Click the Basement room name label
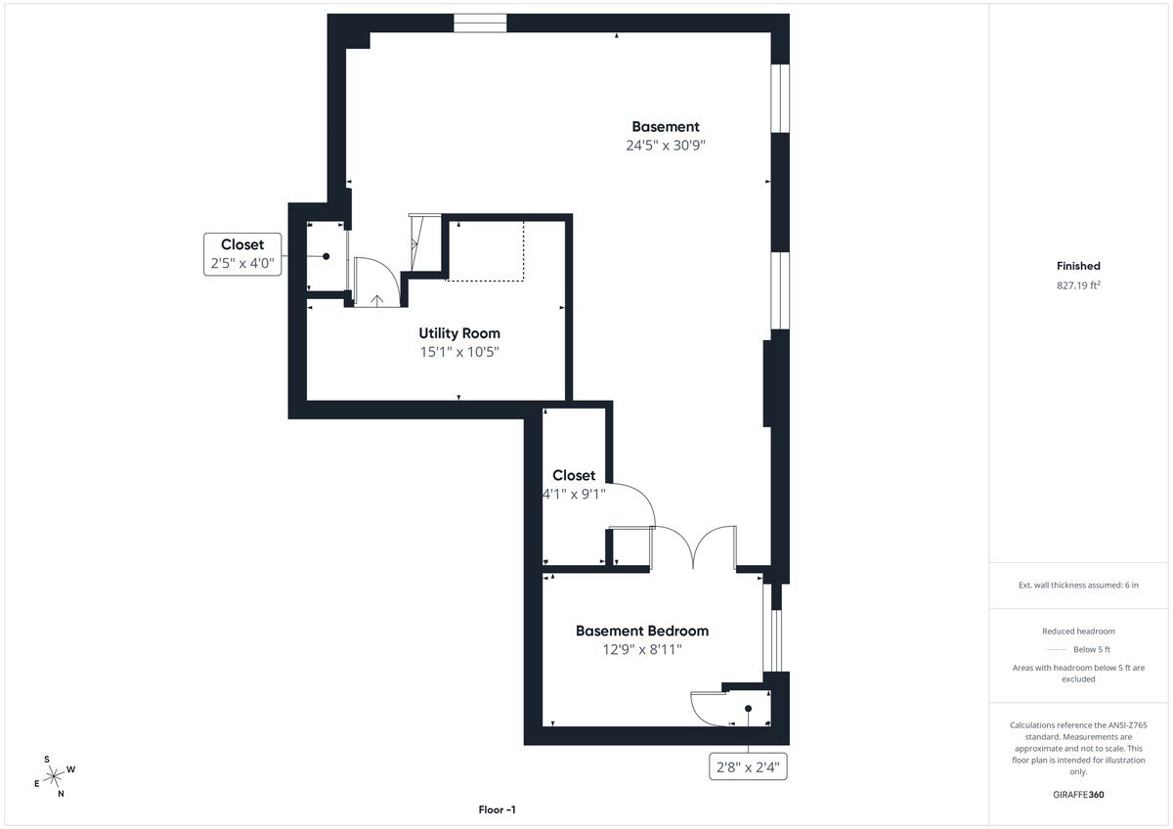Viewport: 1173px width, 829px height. [666, 127]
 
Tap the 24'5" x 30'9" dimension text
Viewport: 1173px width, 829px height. [666, 145]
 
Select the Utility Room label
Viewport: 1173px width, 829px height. [459, 333]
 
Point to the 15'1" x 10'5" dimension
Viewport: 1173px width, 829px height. [459, 352]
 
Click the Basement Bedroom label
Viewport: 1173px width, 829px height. [642, 631]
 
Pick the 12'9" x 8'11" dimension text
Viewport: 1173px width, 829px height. [642, 649]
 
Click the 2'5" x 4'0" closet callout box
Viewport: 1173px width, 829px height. [242, 254]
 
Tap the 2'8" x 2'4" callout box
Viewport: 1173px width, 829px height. [748, 766]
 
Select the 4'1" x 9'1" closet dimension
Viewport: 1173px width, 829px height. [574, 494]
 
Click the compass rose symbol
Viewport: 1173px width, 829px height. [54, 776]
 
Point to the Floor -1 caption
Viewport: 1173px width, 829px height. [497, 809]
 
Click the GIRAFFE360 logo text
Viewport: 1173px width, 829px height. [1078, 795]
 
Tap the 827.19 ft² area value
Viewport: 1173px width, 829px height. [1078, 284]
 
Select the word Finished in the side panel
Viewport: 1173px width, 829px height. [1078, 266]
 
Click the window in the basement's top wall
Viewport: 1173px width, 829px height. [480, 23]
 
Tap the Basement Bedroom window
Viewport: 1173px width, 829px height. [773, 628]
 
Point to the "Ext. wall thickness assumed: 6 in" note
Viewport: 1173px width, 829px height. [1078, 585]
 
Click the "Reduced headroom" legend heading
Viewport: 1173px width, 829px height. [1078, 632]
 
